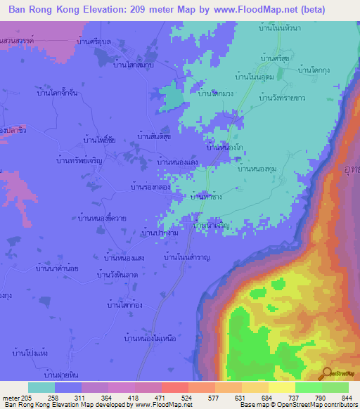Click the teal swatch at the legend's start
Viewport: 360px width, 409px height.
pyautogui.click(x=41, y=387)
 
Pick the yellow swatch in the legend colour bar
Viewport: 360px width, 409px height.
pyautogui.click(x=281, y=387)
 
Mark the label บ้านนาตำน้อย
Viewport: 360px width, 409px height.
pyautogui.click(x=59, y=269)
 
